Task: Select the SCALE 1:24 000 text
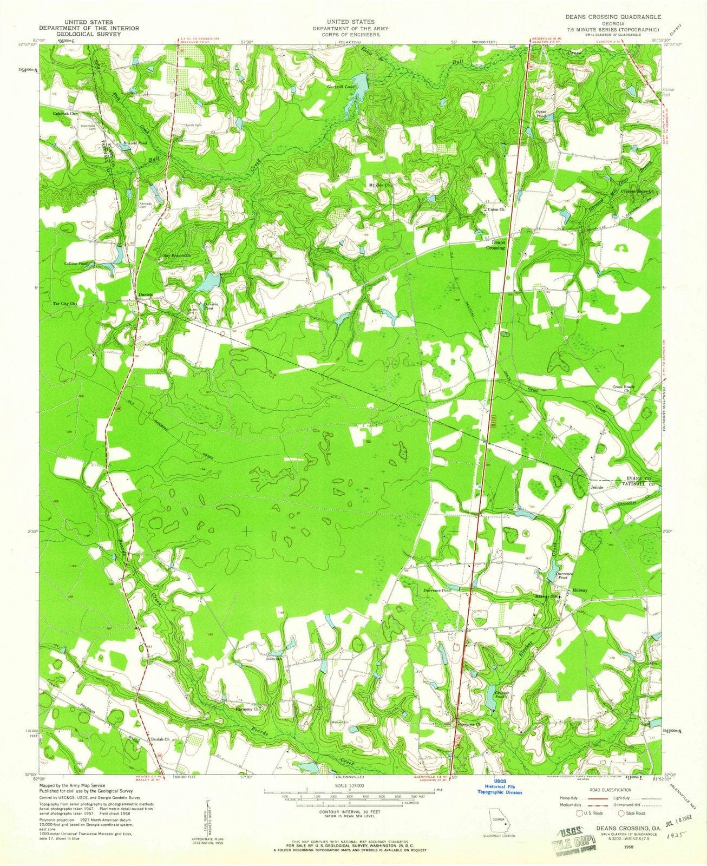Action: [x=350, y=785]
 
